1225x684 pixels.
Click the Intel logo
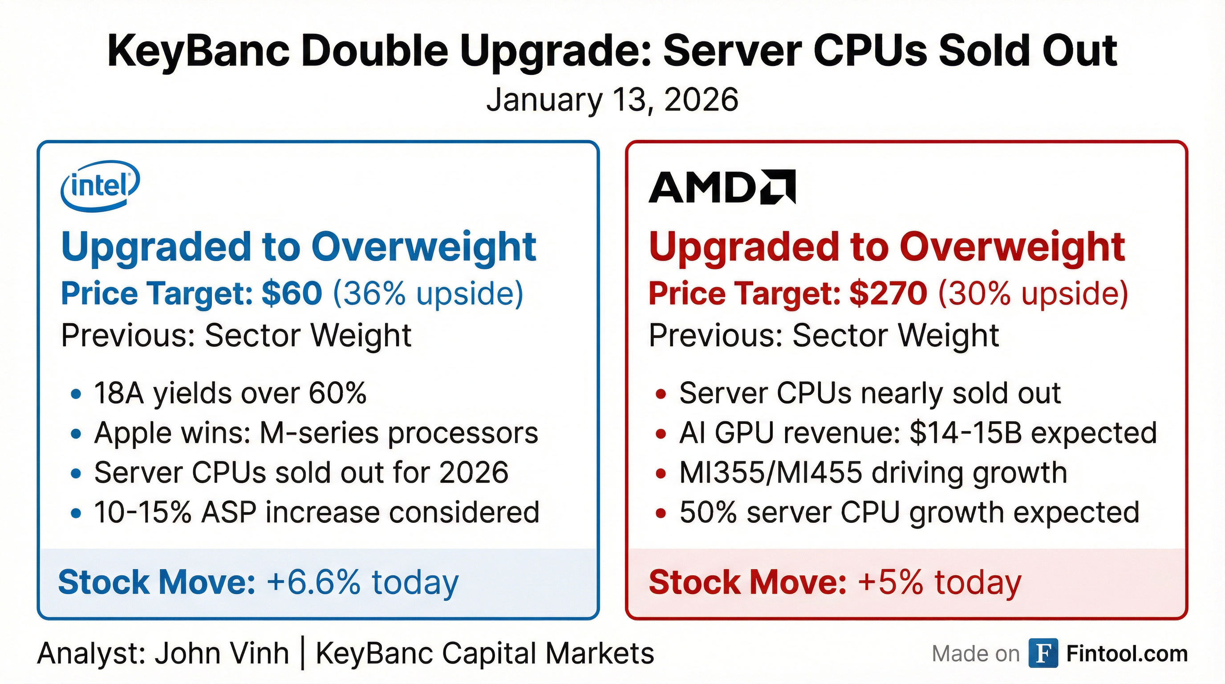tap(100, 186)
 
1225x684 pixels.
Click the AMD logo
tap(722, 187)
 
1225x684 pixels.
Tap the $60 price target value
tap(292, 293)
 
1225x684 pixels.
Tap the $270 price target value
tap(888, 293)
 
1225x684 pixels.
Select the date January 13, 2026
tap(612, 100)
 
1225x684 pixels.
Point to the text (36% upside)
tap(427, 293)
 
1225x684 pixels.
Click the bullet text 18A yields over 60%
tap(230, 393)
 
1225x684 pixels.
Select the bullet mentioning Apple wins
tap(316, 433)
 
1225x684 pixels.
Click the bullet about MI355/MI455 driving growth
tap(873, 473)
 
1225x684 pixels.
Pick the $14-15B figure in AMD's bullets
tap(965, 433)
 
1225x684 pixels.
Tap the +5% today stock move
tap(940, 582)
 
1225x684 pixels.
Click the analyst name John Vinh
tap(222, 654)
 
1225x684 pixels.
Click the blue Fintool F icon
tap(1043, 654)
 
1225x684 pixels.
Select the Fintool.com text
tap(1127, 654)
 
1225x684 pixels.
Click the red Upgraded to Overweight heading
tap(886, 247)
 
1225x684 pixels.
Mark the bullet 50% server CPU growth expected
tap(909, 513)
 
